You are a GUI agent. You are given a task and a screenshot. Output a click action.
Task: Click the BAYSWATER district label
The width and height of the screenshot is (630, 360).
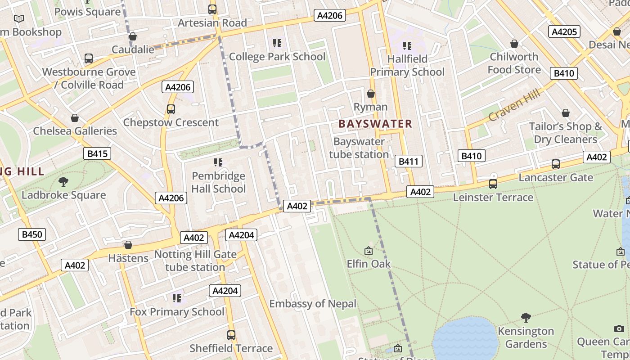click(x=375, y=124)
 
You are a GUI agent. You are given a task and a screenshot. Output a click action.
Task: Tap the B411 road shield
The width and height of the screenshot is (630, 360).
click(x=409, y=162)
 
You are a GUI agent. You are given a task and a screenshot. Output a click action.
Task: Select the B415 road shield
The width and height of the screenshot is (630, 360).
click(x=97, y=154)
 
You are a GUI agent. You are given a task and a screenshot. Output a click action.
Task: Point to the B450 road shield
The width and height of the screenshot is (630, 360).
click(x=32, y=234)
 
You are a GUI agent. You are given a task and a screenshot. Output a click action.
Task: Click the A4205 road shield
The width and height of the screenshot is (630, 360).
click(x=564, y=31)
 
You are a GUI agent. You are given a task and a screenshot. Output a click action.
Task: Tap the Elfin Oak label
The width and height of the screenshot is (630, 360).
click(x=369, y=264)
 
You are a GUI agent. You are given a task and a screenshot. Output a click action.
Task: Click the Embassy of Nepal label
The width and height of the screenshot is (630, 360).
click(x=313, y=304)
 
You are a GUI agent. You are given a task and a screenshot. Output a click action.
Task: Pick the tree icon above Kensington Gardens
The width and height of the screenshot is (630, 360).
click(x=526, y=318)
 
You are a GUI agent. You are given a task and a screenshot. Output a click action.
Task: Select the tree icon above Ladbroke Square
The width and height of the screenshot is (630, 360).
click(x=63, y=182)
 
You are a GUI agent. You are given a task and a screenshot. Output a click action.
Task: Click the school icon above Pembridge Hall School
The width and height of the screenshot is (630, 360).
click(x=218, y=162)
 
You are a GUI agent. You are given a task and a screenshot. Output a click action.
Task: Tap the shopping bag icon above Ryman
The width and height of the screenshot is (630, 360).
click(x=371, y=94)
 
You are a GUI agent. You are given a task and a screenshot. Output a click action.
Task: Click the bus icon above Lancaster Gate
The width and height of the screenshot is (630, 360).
click(x=556, y=164)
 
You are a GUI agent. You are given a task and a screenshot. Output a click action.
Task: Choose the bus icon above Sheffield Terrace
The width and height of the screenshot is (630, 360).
click(x=231, y=335)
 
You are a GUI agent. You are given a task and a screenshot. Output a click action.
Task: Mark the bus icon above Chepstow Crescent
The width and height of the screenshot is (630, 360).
click(x=171, y=109)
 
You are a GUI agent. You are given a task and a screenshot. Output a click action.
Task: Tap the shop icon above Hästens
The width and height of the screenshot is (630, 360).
click(x=128, y=245)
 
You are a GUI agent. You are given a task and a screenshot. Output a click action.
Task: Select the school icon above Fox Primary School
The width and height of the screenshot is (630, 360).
click(x=177, y=298)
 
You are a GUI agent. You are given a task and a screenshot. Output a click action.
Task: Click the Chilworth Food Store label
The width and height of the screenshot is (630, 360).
click(x=514, y=63)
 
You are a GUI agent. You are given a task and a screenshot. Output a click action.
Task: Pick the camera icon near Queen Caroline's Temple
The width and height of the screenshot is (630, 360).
click(x=619, y=329)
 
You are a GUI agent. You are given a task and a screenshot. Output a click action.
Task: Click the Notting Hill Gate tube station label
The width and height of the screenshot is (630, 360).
click(x=195, y=261)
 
